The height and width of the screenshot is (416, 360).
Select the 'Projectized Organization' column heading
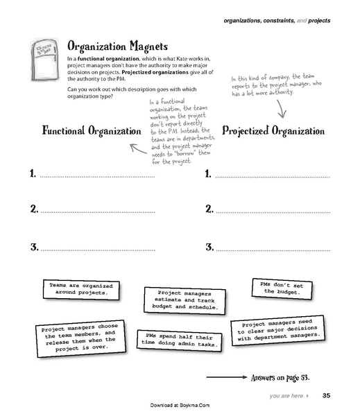click(273, 130)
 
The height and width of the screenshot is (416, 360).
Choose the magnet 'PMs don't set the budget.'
click(282, 288)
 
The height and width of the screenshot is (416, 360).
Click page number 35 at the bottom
click(326, 396)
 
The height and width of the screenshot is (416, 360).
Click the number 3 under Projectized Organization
click(209, 248)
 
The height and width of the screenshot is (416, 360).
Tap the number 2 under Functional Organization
click(33, 209)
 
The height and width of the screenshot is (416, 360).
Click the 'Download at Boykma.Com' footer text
click(180, 406)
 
